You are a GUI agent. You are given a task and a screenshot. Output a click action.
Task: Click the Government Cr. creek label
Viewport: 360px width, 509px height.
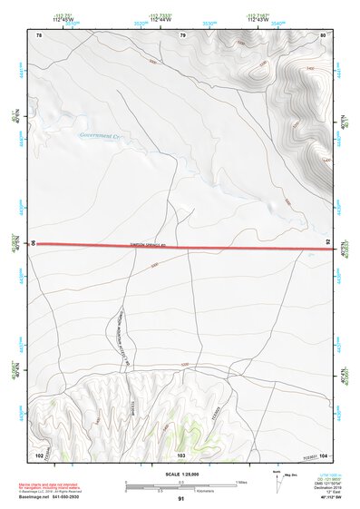[100, 136]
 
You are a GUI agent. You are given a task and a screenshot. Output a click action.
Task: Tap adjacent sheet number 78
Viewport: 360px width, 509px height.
[39, 35]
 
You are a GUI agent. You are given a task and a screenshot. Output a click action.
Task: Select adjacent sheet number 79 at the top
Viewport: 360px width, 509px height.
[182, 35]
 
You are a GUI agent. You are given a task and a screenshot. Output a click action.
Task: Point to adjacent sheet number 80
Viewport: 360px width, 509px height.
[323, 35]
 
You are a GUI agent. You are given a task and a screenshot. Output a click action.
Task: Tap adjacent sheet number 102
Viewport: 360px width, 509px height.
[39, 454]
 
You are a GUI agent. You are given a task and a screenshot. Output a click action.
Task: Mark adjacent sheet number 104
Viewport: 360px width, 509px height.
[323, 454]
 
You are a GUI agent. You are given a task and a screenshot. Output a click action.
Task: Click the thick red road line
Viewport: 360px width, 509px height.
[181, 245]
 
